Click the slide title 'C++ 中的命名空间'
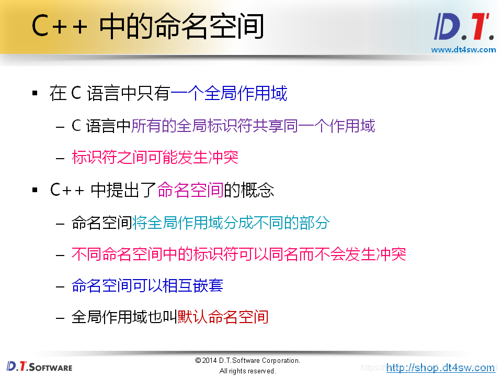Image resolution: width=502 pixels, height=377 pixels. pos(147,27)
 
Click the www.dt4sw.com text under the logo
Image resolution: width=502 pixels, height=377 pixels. pos(463,50)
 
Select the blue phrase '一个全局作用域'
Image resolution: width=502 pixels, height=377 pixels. pos(229,94)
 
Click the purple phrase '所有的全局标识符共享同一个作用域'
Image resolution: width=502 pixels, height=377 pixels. pos(253,126)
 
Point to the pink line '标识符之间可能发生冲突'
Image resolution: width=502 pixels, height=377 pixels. pos(155,157)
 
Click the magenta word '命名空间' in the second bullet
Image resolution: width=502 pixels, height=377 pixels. pos(190,190)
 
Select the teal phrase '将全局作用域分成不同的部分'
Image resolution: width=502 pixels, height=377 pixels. pos(231,223)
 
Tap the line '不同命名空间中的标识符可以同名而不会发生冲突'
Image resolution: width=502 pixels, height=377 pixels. pos(238,254)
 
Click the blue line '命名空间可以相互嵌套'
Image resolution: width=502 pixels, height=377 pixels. pos(147,285)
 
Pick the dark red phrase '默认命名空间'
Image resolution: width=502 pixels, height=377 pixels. pos(223,317)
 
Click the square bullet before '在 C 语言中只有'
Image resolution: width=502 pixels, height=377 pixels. pos(35,94)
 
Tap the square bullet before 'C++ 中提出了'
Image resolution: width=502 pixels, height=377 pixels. pos(35,190)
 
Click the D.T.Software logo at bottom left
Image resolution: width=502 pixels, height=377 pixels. pos(40,367)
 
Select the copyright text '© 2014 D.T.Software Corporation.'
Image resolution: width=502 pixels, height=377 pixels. pos(247,361)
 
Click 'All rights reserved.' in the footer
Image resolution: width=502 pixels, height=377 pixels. pos(247,371)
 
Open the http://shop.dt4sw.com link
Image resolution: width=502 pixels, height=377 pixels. pos(440,368)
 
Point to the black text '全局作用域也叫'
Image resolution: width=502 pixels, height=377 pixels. pos(124,317)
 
